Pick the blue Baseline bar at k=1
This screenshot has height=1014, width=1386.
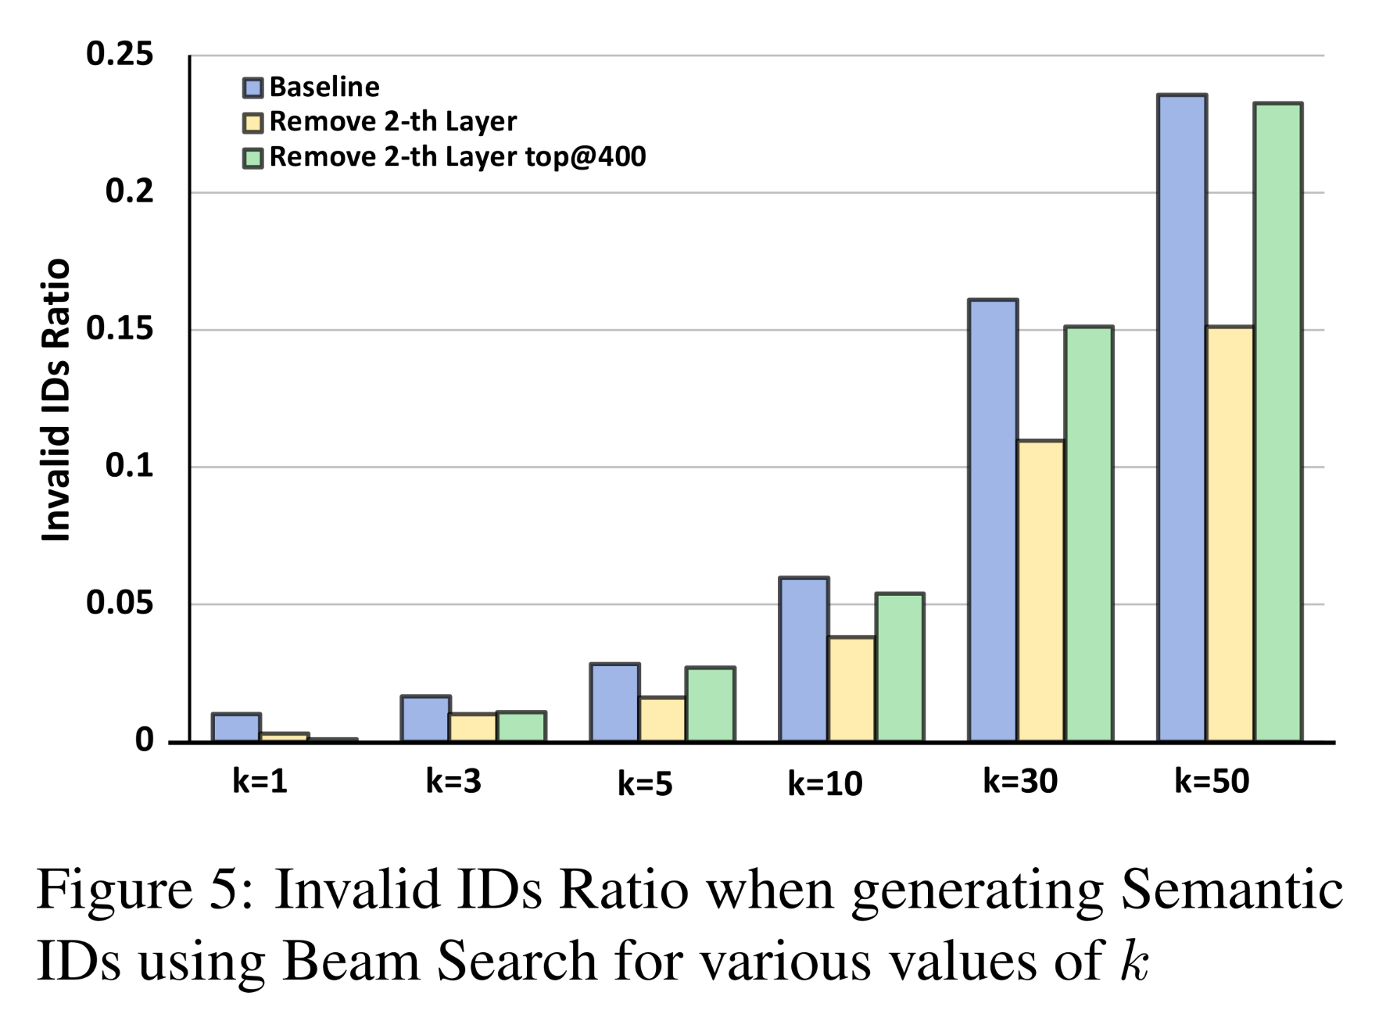point(236,727)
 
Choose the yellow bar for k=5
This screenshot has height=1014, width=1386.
point(662,719)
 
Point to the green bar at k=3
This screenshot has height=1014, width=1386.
point(521,726)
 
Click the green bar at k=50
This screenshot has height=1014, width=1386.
point(1278,422)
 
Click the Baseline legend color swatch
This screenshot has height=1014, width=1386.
point(252,87)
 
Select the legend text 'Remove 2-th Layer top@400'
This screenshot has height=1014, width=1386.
point(457,157)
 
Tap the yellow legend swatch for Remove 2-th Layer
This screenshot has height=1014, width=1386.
point(252,122)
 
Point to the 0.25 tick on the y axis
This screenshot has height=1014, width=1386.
point(120,55)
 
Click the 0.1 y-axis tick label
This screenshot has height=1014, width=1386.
point(129,467)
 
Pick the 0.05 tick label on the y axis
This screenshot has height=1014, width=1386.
point(120,604)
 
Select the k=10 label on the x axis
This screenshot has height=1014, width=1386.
point(825,783)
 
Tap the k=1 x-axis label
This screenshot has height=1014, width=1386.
point(260,781)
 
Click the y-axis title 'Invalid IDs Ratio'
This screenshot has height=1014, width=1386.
point(56,400)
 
